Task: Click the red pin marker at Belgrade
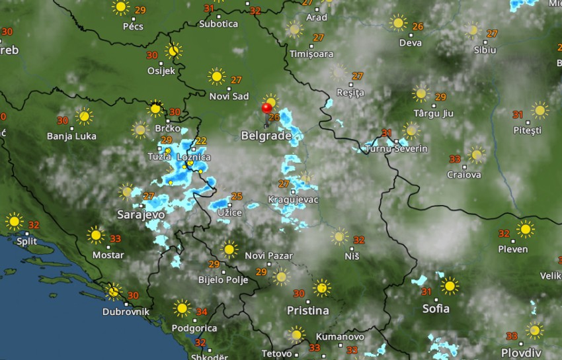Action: [267, 109]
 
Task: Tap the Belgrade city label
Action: [266, 136]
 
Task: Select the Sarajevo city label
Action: [140, 215]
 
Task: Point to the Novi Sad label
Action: [229, 97]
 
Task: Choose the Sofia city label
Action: [436, 308]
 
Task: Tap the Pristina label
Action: [307, 310]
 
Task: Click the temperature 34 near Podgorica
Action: [202, 312]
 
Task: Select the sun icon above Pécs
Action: [121, 8]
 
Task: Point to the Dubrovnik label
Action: [126, 312]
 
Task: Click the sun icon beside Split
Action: [13, 221]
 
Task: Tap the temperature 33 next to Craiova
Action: [455, 159]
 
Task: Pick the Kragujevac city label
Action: [293, 199]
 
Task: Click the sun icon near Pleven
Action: [526, 230]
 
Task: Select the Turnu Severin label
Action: [397, 149]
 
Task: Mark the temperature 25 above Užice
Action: [237, 196]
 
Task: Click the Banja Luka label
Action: [71, 136]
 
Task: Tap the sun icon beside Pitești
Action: [540, 111]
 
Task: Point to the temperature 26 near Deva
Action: [417, 26]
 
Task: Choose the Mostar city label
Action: [108, 255]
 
